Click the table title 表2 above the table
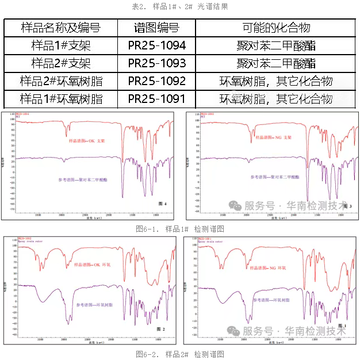point(180,7)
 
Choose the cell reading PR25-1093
point(156,63)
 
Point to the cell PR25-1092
point(156,81)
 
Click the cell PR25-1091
point(156,98)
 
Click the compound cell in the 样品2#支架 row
point(276,63)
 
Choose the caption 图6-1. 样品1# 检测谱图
point(180,229)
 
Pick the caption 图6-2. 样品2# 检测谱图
point(180,353)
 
